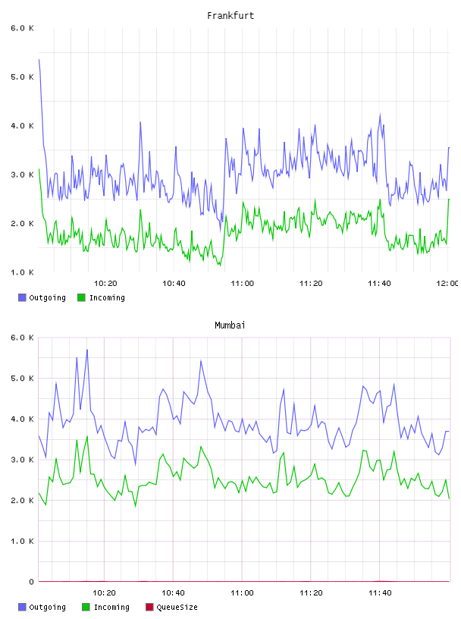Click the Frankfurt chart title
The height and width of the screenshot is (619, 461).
coord(230,16)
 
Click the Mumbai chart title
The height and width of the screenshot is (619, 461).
coord(230,325)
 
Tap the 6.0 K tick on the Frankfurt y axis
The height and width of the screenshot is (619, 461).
coord(22,28)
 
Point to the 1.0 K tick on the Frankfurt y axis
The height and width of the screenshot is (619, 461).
coord(22,272)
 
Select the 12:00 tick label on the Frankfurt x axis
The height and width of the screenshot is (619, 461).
coord(447,284)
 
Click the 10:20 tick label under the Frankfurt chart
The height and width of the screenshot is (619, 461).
coord(105,284)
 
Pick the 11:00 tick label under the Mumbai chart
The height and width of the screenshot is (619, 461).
coord(242,593)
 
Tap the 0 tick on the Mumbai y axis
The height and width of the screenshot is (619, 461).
coord(31,582)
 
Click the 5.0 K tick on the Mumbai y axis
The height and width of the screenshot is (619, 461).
coord(22,379)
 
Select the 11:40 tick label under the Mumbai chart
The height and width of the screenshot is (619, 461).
coord(380,593)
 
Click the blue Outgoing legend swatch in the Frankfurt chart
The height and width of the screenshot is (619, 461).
coord(22,297)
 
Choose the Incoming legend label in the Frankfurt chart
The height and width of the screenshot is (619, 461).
coord(107,298)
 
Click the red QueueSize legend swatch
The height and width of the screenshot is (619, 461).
coord(149,607)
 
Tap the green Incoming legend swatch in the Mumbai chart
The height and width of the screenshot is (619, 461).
coord(86,607)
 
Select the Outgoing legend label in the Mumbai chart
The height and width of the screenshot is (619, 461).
coord(47,608)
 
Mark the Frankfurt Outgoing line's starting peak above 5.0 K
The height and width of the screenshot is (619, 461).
coord(39,60)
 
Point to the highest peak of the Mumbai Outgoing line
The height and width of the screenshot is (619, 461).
coord(87,350)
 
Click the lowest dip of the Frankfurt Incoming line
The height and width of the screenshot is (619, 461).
coord(220,266)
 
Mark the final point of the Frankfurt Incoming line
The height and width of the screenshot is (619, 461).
coord(449,200)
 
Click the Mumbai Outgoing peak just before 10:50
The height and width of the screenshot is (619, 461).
coord(201,360)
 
